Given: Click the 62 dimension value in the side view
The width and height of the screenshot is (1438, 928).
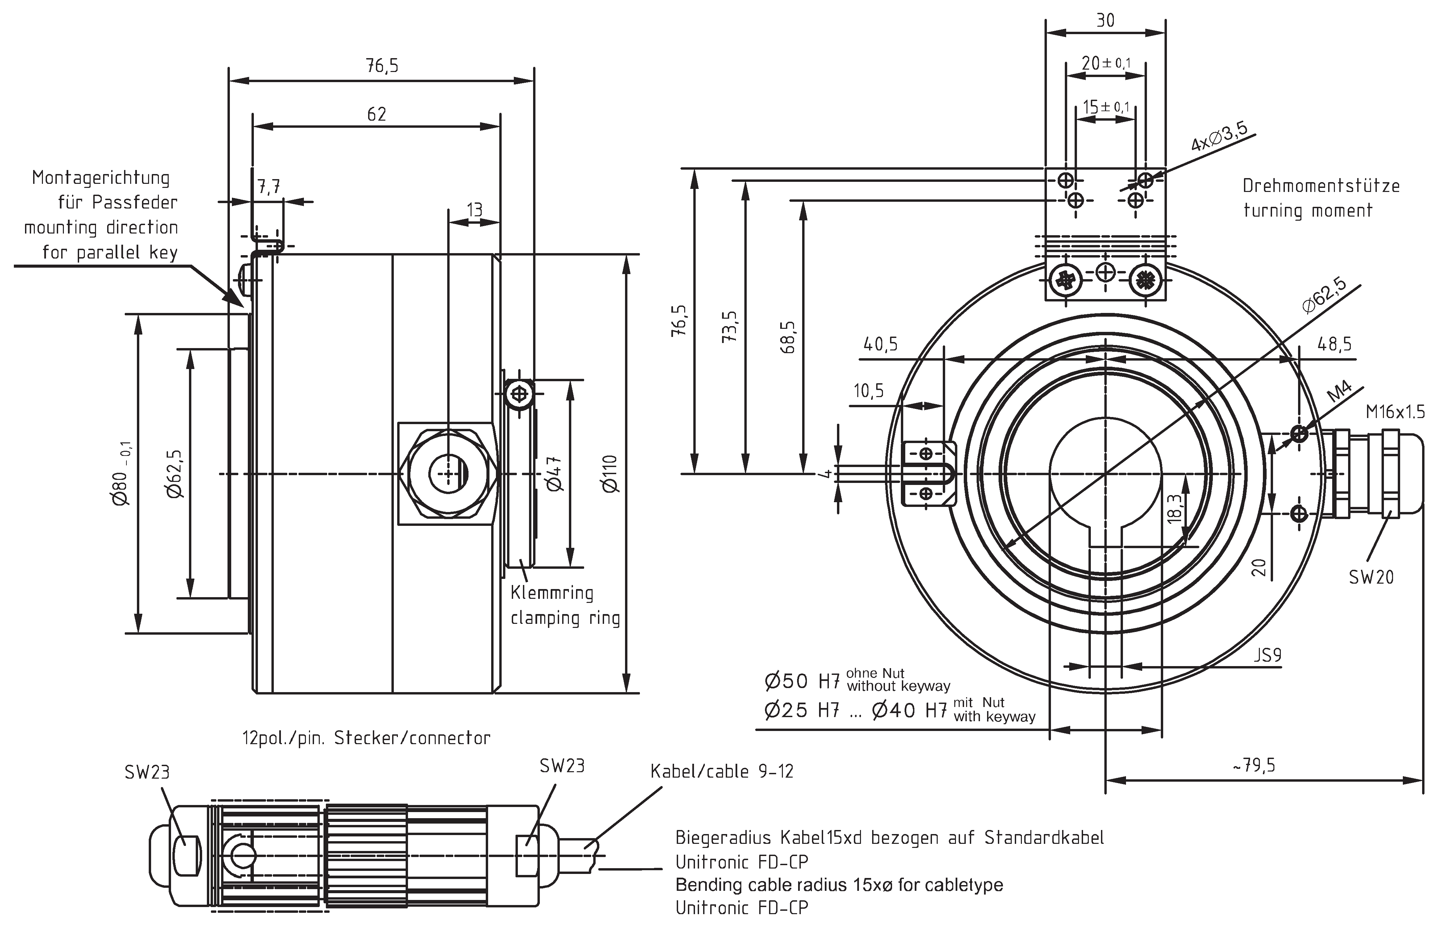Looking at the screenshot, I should click(x=377, y=114).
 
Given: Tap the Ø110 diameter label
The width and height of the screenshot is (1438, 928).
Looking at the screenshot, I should click(x=610, y=474).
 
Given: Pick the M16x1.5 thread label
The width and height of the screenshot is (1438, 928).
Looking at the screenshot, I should click(x=1395, y=412).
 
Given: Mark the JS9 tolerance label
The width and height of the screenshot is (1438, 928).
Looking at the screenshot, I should click(x=1267, y=655).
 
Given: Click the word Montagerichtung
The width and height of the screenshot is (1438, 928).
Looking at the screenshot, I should click(x=101, y=178).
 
